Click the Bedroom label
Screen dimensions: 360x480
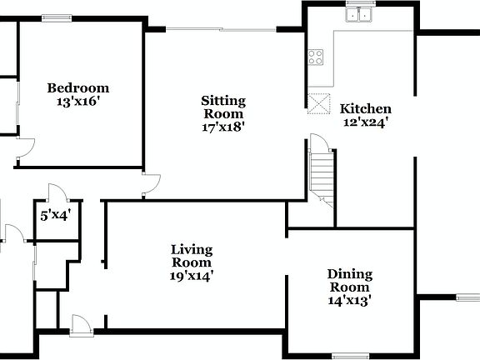tap(77, 87)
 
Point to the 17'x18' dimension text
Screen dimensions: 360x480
tap(222, 127)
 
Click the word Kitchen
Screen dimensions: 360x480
tap(365, 108)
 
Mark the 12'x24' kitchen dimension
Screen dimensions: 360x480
tap(365, 122)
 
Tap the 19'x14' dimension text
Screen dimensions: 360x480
tap(192, 276)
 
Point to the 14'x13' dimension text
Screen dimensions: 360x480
tap(349, 301)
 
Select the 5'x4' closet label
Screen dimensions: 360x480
tap(56, 216)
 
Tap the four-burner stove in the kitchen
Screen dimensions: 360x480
tap(317, 57)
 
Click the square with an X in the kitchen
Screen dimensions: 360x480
tap(317, 103)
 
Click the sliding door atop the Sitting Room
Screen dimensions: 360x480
tap(222, 30)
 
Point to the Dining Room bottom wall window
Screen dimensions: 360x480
tap(350, 356)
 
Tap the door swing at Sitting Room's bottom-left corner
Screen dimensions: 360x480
tap(150, 185)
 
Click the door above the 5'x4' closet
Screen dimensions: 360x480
tap(57, 191)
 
